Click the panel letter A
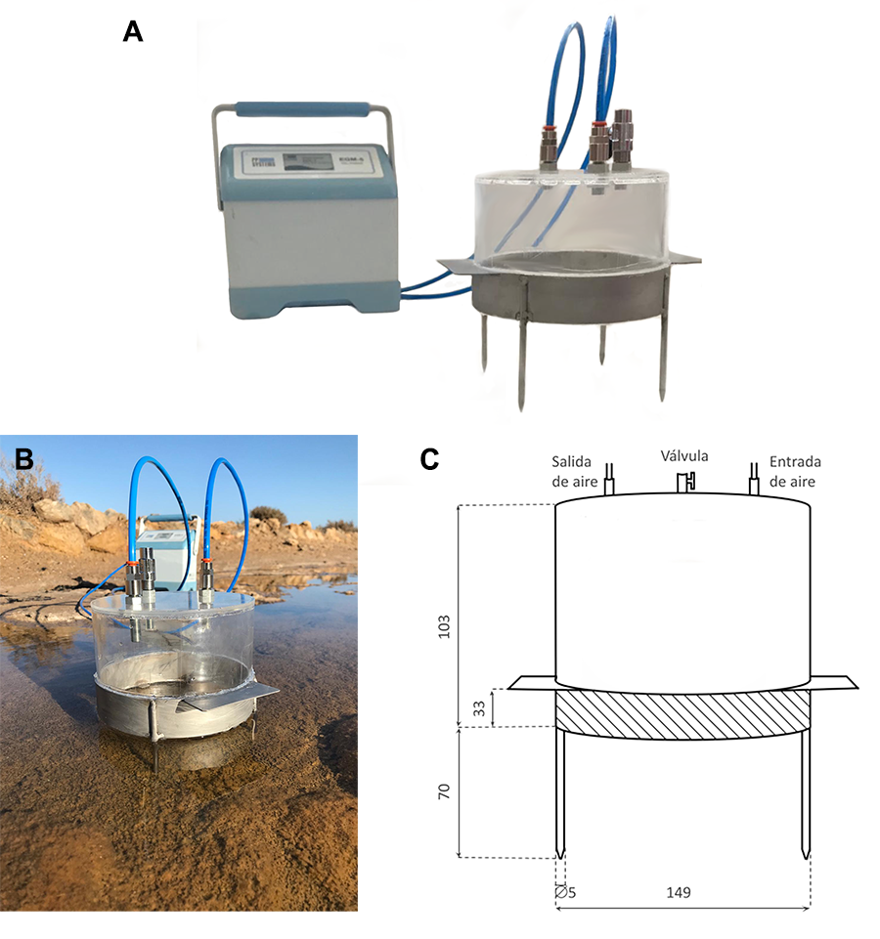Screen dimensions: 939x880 pos(133,32)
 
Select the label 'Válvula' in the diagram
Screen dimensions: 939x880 pos(683,455)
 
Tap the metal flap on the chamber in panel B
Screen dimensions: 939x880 pos(231,695)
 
